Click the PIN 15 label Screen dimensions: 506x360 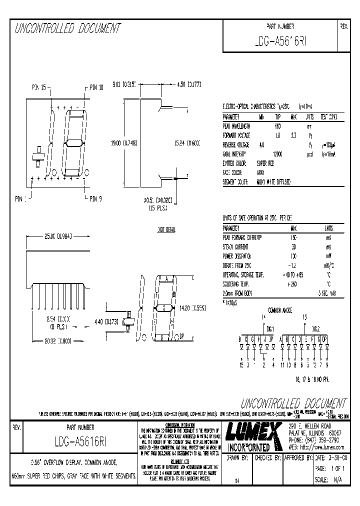(x=39, y=87)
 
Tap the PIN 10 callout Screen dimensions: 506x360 (x=96, y=87)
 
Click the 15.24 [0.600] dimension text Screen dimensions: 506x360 (x=186, y=143)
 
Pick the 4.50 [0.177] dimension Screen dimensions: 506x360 (x=189, y=85)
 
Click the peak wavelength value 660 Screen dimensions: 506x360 (x=277, y=126)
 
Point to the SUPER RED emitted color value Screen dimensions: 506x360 (x=265, y=163)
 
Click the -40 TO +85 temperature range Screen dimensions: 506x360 (x=293, y=275)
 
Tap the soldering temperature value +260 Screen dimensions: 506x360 (x=293, y=284)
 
